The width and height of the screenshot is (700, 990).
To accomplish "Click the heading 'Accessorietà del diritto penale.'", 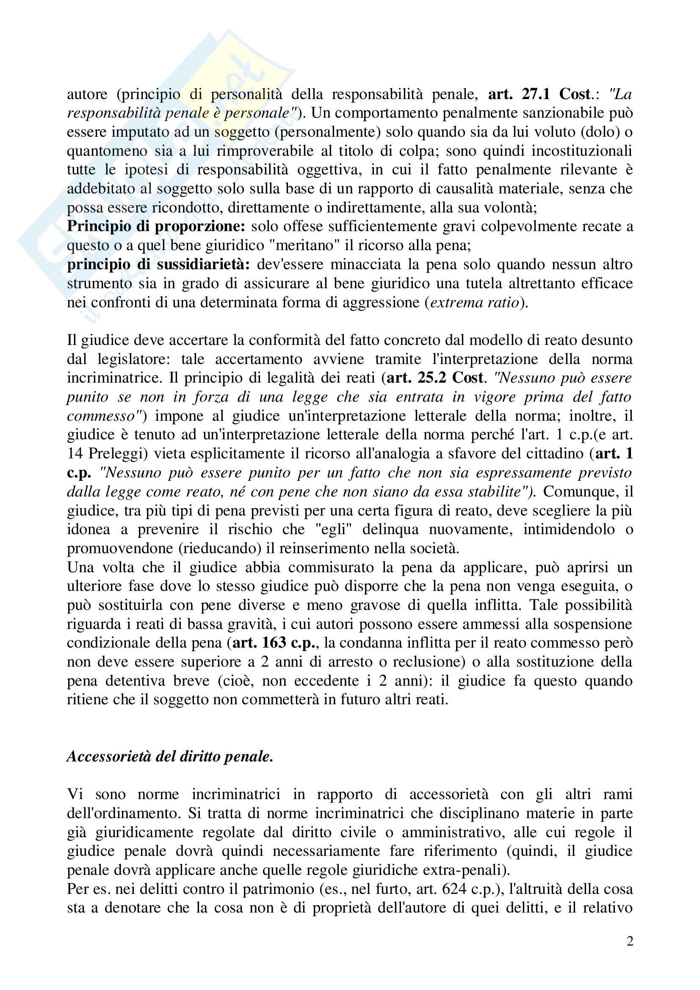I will point(170,757).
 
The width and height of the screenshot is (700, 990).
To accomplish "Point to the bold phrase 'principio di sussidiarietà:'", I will point(158,264).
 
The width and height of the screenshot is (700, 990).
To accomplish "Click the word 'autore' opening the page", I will point(87,94).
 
